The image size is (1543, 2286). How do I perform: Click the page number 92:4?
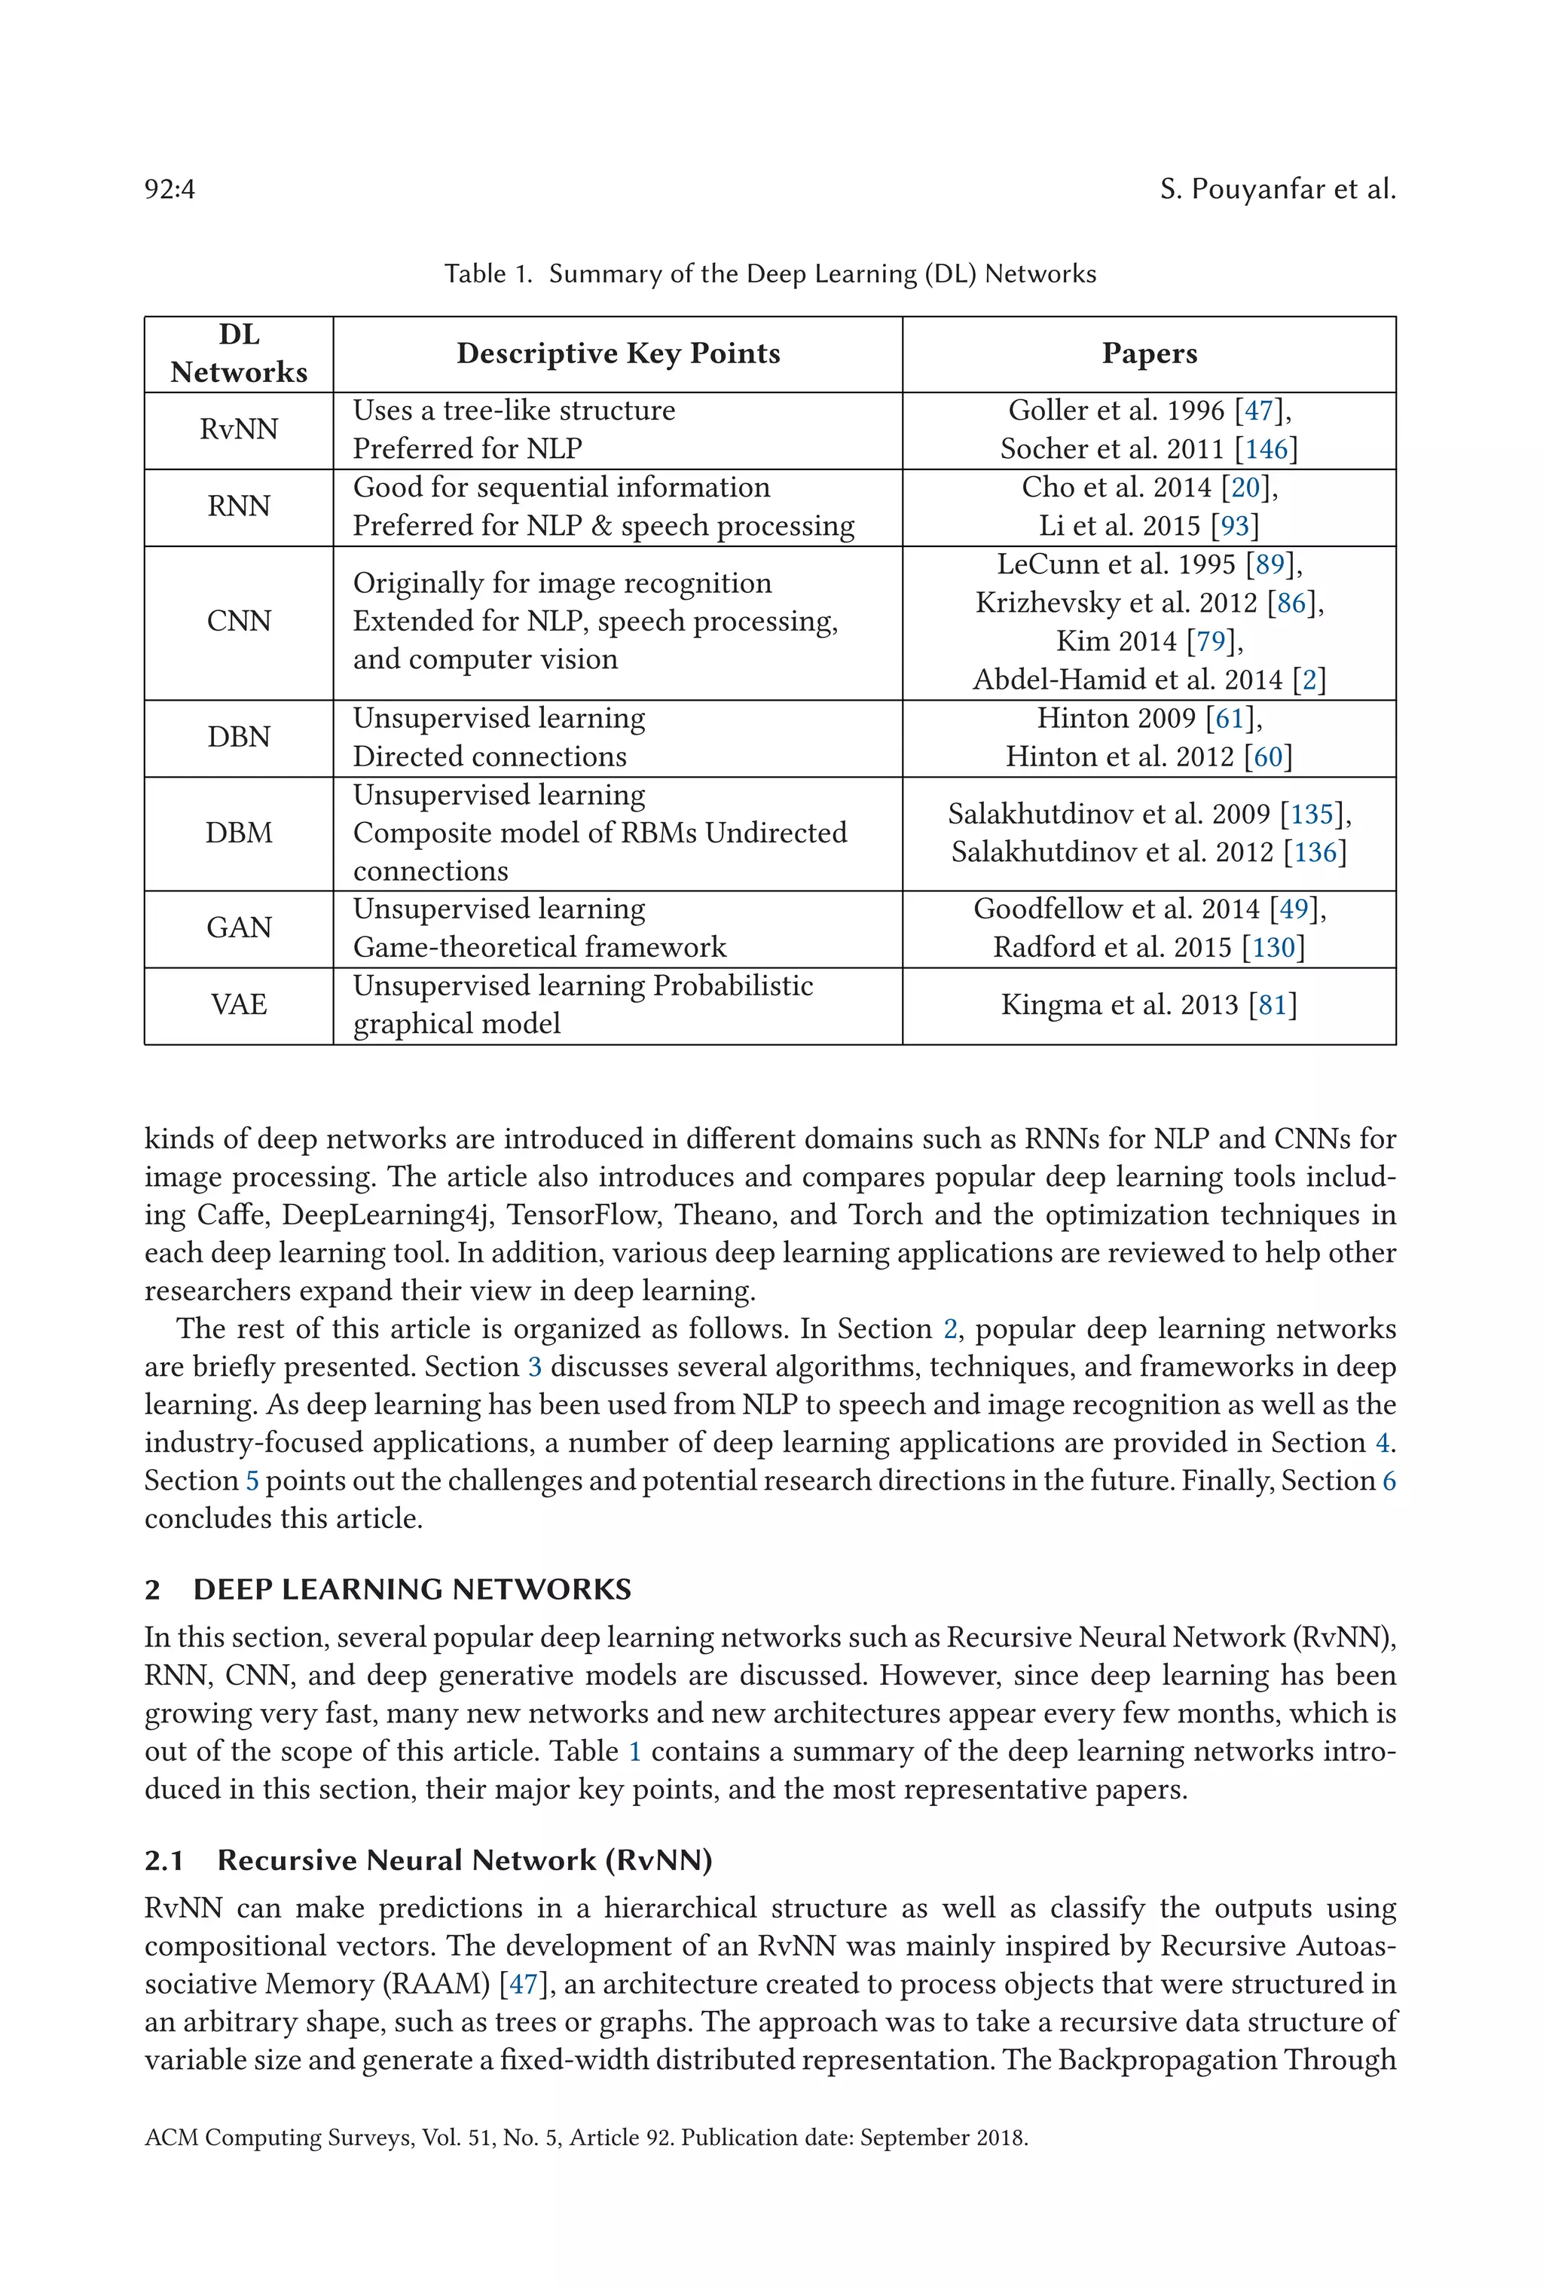click(x=170, y=189)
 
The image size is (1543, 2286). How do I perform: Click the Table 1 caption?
click(x=770, y=274)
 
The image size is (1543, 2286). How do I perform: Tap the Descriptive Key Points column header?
click(x=618, y=354)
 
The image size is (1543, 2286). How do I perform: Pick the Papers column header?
click(x=1149, y=354)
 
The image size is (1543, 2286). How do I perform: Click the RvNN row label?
click(x=239, y=430)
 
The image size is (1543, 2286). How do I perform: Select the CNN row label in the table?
click(x=239, y=622)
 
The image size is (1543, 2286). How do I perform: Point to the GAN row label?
click(x=239, y=928)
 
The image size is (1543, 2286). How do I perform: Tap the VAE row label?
click(x=239, y=1004)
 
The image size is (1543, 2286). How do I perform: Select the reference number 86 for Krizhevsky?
click(x=1291, y=603)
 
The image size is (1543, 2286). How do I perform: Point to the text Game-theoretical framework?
click(x=539, y=947)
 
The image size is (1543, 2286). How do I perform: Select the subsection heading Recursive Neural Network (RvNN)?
click(x=464, y=1860)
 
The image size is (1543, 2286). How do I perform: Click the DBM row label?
click(x=239, y=833)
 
